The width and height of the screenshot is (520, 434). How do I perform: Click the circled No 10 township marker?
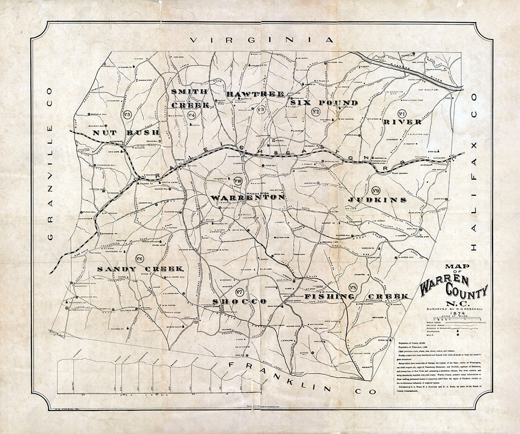(x=237, y=182)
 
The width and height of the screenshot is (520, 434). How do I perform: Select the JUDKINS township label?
(x=377, y=199)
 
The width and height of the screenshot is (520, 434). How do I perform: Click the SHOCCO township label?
(x=239, y=301)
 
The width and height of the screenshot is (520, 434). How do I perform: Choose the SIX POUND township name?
(x=324, y=103)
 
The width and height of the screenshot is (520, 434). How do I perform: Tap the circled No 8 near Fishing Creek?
(x=355, y=288)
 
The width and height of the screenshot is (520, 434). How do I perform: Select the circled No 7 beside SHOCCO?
(x=239, y=291)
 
